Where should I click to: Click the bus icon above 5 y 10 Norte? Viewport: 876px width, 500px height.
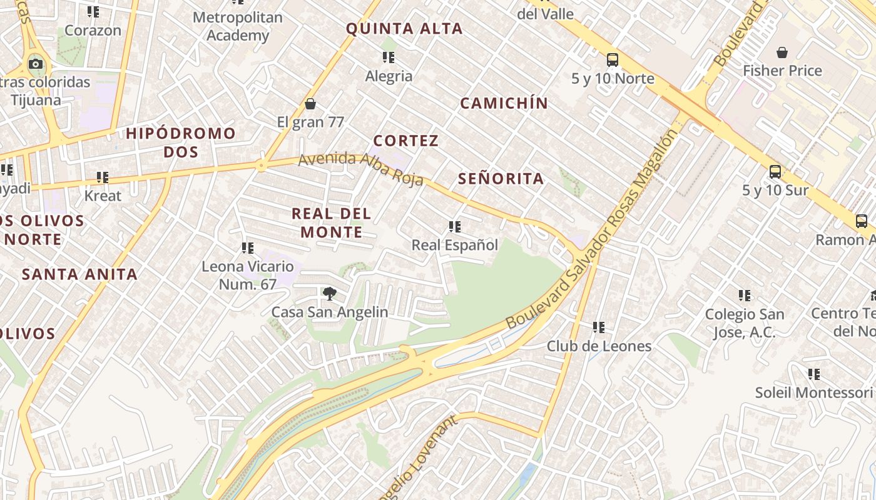pos(613,60)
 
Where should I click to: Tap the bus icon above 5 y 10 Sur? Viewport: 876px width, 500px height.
pos(775,171)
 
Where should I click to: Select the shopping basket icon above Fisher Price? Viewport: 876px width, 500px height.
pos(782,52)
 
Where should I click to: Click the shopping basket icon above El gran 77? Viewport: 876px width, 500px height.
pos(310,104)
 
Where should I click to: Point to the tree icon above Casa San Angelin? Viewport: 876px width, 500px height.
pos(329,293)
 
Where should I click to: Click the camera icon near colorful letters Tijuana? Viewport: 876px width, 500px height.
pos(36,64)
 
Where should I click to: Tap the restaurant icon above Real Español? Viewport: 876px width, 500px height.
pos(455,227)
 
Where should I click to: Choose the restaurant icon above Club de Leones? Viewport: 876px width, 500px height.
pos(599,327)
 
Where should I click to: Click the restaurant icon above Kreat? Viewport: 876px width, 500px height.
pos(103,177)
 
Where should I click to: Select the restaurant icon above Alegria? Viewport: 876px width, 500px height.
pos(389,57)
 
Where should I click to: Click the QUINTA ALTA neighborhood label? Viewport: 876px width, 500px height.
pos(404,29)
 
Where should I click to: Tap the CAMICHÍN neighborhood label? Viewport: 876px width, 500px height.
pos(504,104)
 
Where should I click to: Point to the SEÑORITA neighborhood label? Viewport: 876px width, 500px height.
pos(501,179)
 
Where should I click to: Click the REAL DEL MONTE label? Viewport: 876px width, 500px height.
pos(332,223)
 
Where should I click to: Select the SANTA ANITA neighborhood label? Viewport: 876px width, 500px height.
pos(79,274)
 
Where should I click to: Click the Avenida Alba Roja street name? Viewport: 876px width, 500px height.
pos(361,169)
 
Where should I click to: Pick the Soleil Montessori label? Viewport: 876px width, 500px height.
pos(813,392)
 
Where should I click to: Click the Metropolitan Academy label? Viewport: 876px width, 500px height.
pos(238,26)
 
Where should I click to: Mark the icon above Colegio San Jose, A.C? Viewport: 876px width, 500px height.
pos(744,296)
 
